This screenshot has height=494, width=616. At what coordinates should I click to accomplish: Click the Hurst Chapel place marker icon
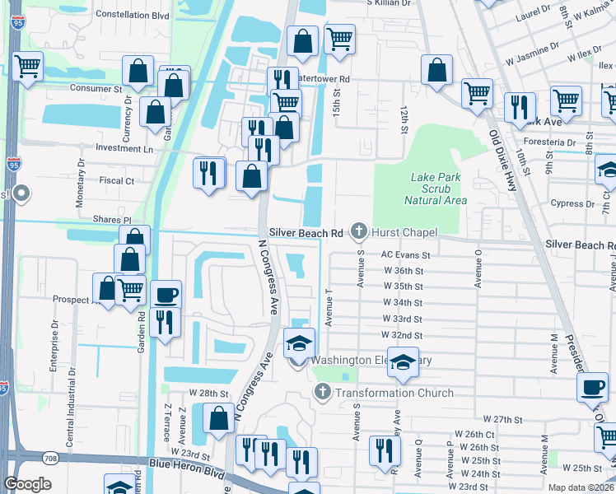tap(358, 233)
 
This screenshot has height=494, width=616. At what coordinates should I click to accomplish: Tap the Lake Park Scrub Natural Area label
tap(435, 189)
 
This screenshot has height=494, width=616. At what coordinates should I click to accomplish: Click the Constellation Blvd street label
tap(132, 14)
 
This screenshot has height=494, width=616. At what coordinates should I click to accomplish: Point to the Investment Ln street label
tap(124, 149)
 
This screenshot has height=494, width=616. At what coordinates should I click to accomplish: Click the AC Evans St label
tap(405, 256)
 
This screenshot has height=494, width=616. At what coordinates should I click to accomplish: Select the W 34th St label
tap(403, 303)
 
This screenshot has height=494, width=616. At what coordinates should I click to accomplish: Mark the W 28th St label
tap(208, 394)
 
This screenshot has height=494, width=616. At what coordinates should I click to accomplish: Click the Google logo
tap(28, 484)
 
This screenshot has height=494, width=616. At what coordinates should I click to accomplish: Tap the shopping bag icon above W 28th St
tap(218, 418)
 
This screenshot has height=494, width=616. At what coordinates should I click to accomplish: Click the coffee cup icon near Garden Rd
tap(165, 294)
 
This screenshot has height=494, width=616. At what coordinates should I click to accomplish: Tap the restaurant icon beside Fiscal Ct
tap(208, 172)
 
